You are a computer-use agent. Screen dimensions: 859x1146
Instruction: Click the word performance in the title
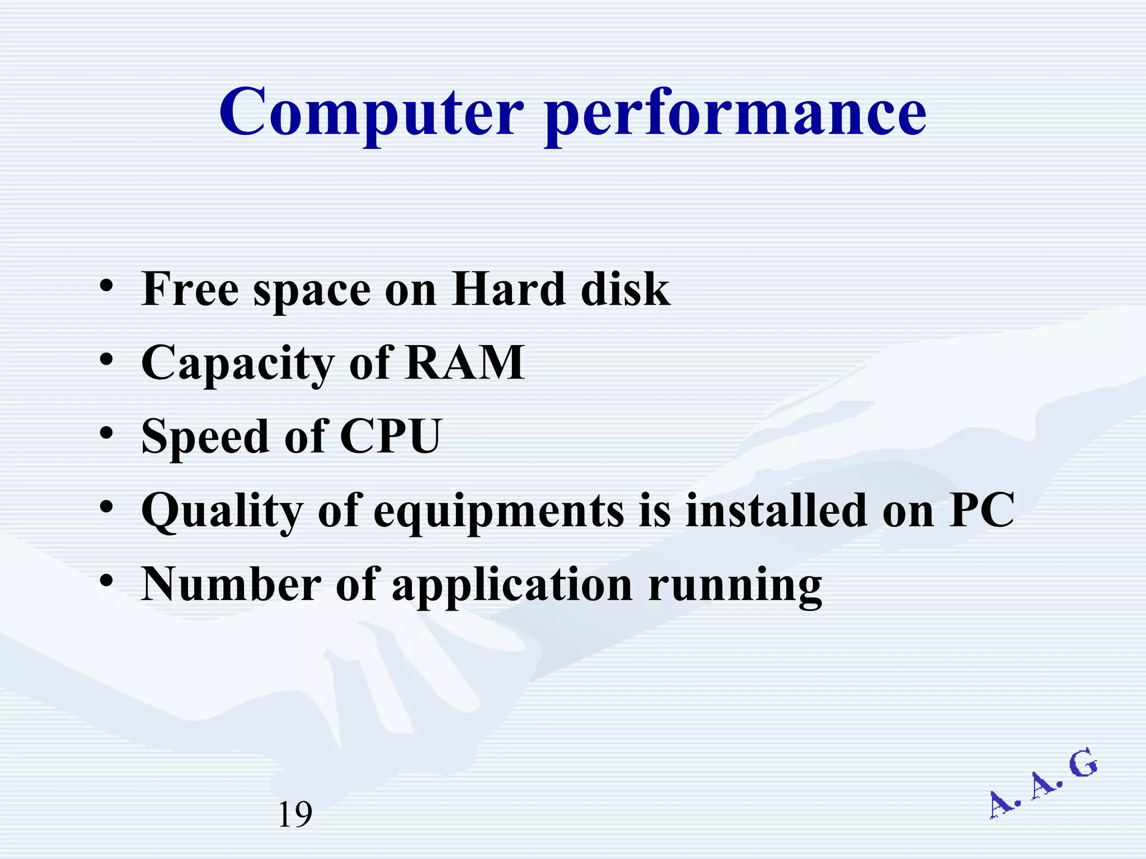(735, 115)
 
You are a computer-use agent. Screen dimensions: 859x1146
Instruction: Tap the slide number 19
(295, 814)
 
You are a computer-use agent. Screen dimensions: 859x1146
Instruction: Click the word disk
(625, 289)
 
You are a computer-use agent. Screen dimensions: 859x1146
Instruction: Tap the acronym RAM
(465, 362)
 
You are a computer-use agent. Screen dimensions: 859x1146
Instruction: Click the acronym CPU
(391, 436)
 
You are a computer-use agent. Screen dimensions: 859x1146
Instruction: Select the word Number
(231, 584)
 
